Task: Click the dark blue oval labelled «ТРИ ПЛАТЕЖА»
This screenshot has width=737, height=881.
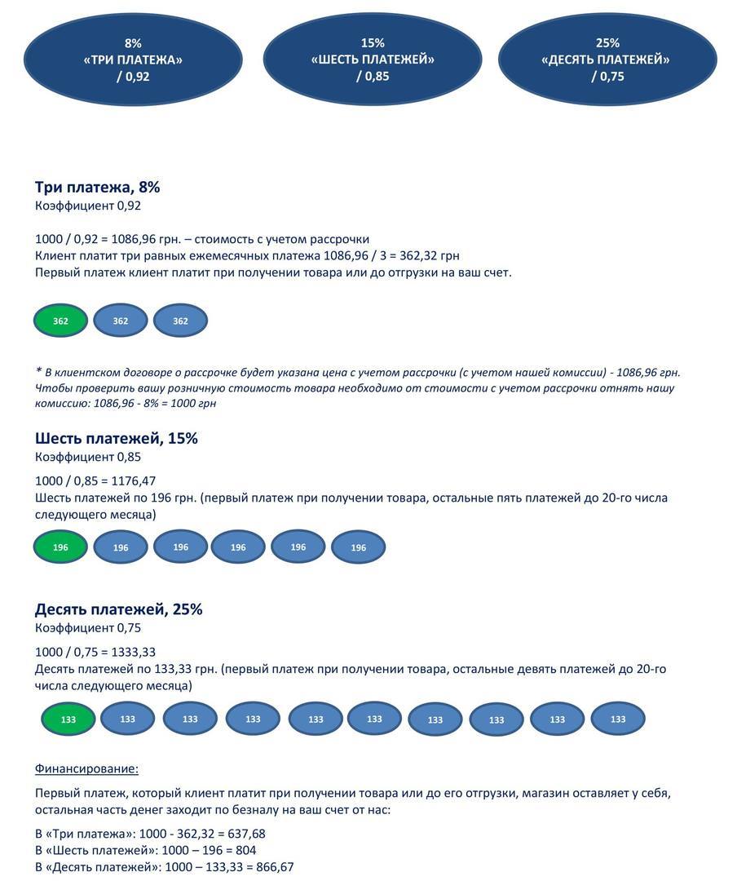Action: (x=133, y=60)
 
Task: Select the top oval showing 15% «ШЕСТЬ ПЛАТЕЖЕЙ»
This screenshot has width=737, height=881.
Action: (x=373, y=60)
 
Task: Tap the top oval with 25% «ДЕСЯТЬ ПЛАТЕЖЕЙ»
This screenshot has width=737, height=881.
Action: (x=607, y=60)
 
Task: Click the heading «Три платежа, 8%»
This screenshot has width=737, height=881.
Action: (x=97, y=187)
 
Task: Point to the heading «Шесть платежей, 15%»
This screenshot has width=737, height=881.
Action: (x=117, y=438)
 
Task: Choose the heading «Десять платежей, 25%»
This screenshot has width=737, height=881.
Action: (x=118, y=609)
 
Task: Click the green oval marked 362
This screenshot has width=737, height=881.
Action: (x=60, y=321)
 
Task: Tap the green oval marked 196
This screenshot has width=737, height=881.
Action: (x=60, y=547)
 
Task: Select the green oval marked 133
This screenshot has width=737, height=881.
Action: (x=68, y=719)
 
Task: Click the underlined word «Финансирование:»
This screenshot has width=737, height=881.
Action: (x=86, y=768)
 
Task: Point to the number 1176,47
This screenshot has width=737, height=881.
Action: (x=134, y=481)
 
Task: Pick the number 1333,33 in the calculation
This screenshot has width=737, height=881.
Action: (x=134, y=652)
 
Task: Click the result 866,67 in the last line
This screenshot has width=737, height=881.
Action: (x=275, y=867)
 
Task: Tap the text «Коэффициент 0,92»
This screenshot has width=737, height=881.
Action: (x=87, y=206)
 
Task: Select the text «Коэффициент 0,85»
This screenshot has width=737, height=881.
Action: (x=87, y=457)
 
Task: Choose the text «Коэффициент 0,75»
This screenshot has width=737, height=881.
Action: (x=87, y=627)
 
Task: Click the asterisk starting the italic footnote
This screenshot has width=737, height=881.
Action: (x=39, y=370)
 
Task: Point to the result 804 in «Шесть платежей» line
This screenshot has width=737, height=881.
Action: (x=246, y=850)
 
